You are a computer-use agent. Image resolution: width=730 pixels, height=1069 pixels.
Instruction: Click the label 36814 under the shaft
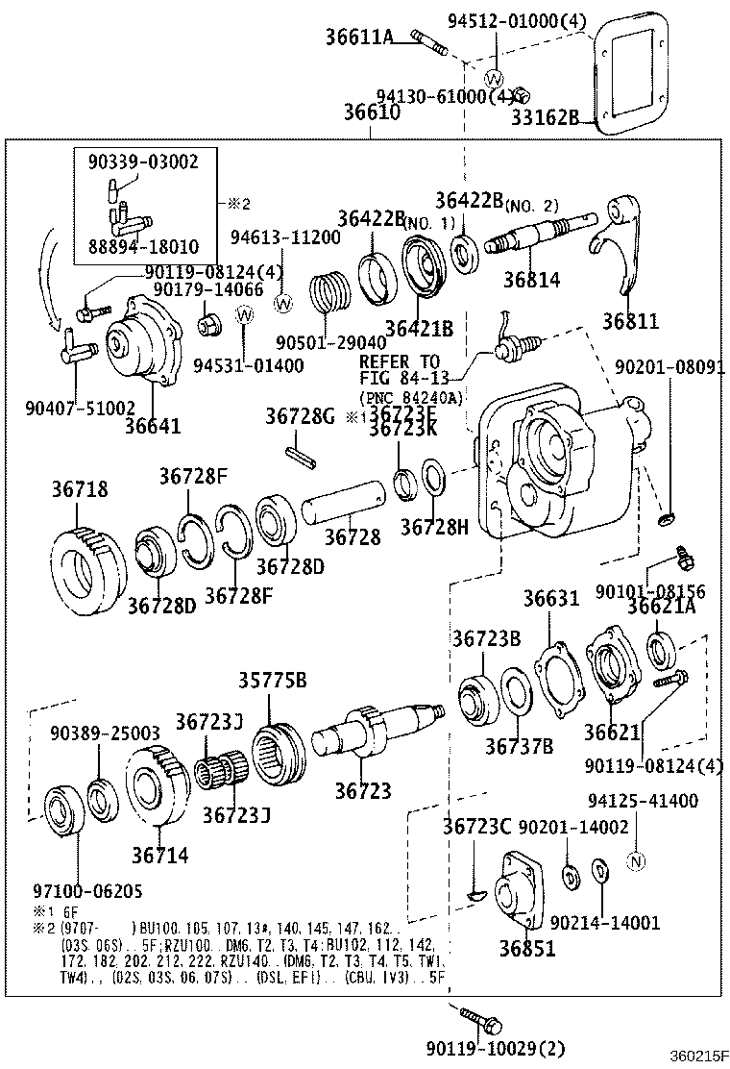[x=531, y=280]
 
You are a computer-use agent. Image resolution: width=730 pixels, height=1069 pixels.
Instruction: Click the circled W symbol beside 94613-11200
[x=283, y=303]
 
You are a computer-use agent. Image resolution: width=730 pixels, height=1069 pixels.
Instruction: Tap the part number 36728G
[x=300, y=415]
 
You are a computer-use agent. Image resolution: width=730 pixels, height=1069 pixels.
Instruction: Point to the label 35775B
[x=273, y=681]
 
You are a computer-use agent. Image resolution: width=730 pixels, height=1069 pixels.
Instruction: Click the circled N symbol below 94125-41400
[x=635, y=861]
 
